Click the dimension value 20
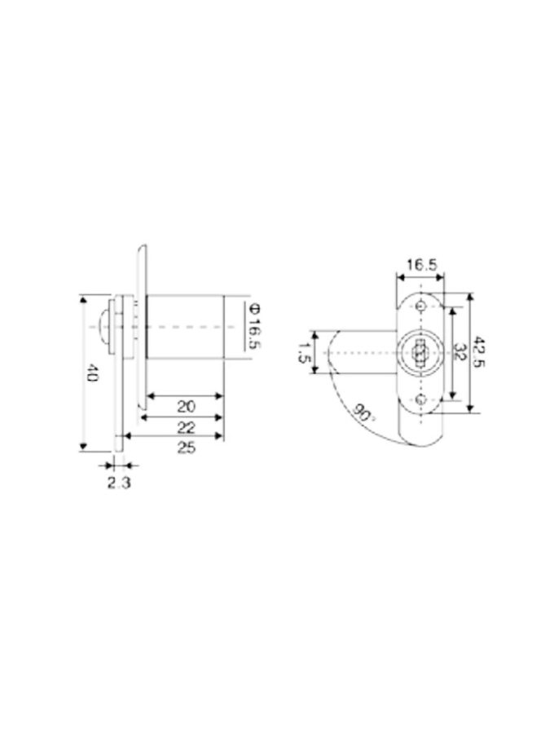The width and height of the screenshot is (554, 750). [x=186, y=407]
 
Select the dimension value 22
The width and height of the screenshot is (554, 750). [x=186, y=427]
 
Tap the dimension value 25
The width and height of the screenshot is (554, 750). [x=186, y=448]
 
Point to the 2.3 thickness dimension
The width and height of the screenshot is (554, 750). [x=118, y=483]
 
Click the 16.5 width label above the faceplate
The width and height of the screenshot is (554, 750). [x=421, y=265]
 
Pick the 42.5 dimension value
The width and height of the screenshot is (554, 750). [x=478, y=352]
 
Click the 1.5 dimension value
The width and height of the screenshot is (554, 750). [x=302, y=352]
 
